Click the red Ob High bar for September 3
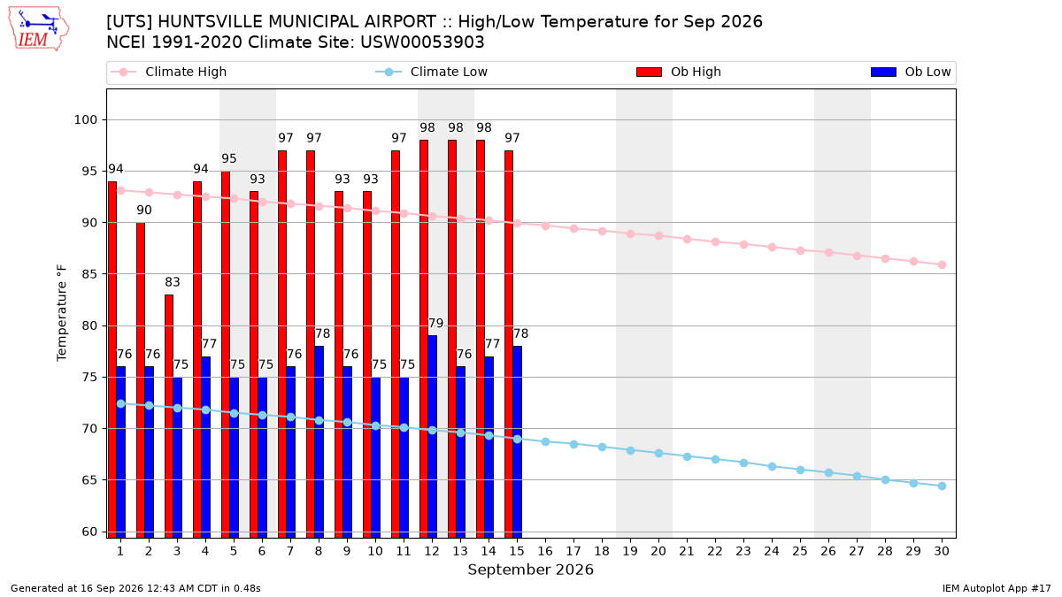pyautogui.click(x=169, y=416)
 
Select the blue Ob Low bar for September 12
pyautogui.click(x=433, y=436)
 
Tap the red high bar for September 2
pyautogui.click(x=141, y=380)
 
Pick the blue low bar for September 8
pyautogui.click(x=319, y=441)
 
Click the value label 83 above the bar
pyautogui.click(x=173, y=282)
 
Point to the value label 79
pyautogui.click(x=435, y=323)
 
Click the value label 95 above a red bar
pyautogui.click(x=229, y=158)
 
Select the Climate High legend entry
pyautogui.click(x=168, y=72)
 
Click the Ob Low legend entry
pyautogui.click(x=911, y=72)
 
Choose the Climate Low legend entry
pyautogui.click(x=431, y=72)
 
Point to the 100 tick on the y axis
pyautogui.click(x=85, y=120)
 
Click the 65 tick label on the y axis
pyautogui.click(x=89, y=480)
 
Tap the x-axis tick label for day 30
pyautogui.click(x=942, y=551)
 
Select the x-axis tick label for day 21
pyautogui.click(x=687, y=551)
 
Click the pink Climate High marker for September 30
pyautogui.click(x=942, y=264)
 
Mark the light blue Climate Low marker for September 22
pyautogui.click(x=715, y=460)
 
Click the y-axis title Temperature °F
pyautogui.click(x=62, y=313)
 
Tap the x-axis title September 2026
pyautogui.click(x=530, y=570)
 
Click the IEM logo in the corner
pyautogui.click(x=38, y=29)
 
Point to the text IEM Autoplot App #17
pyautogui.click(x=997, y=588)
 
